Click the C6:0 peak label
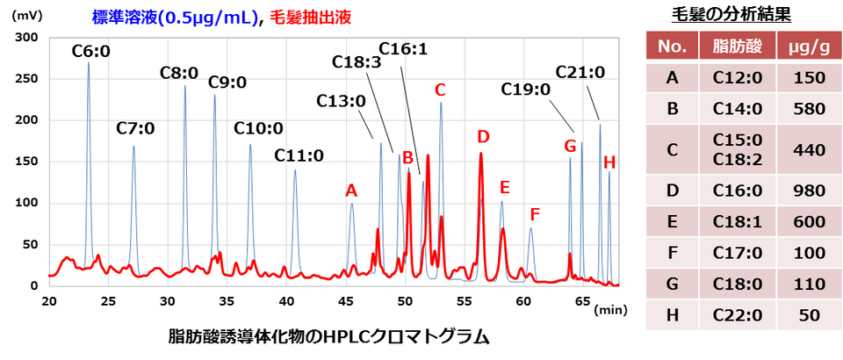coord(90,52)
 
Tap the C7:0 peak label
coord(135,128)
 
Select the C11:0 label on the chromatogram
coord(299,156)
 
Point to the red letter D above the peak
coord(482,137)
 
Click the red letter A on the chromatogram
coord(351,190)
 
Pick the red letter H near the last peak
coord(609,162)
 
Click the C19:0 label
coord(525,90)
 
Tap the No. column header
coord(672,47)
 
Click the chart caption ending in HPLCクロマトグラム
coord(327,337)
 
